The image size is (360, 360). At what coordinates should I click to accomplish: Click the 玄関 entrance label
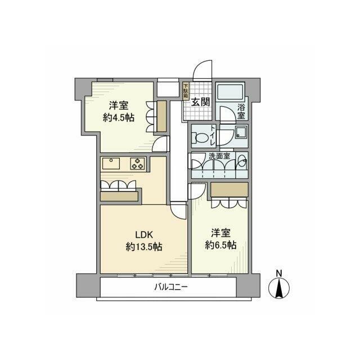200,102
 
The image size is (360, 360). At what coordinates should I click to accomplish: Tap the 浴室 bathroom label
241,111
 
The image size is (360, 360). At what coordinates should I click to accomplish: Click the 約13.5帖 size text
144,247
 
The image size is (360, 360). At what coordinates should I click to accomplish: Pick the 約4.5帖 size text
118,118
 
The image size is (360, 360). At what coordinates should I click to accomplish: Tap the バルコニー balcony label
171,289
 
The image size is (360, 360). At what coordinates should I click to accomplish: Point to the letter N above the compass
279,274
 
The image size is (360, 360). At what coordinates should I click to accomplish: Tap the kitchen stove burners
138,164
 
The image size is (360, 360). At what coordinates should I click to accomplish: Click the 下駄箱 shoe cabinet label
186,91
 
